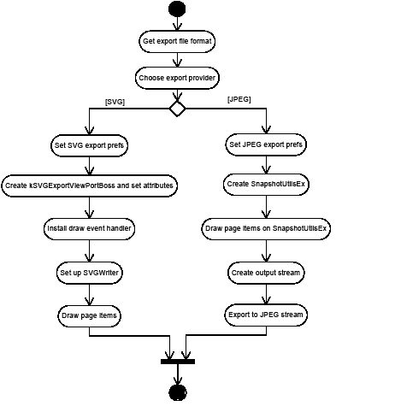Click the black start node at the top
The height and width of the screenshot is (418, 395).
point(177,9)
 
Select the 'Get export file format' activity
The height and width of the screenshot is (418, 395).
point(177,41)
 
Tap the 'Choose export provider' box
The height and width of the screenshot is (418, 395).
point(177,78)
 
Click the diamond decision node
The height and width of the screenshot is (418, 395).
point(177,109)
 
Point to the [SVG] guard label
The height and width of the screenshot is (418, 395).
point(115,101)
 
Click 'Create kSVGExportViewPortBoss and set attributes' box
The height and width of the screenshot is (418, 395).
point(90,185)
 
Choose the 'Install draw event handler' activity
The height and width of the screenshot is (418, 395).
point(90,229)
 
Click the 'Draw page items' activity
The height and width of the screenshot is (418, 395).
point(90,315)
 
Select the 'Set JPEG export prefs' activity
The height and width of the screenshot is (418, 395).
point(266,144)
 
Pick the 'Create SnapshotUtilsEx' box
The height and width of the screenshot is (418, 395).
point(266,184)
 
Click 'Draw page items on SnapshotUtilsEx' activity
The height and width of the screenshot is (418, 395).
point(266,229)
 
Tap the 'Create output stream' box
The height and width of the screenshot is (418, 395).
point(266,274)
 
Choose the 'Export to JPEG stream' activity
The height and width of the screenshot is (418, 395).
point(266,315)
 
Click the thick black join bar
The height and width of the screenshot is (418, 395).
point(177,361)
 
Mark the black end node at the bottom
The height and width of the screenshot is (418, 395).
point(177,392)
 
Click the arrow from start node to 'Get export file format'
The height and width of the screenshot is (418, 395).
point(177,25)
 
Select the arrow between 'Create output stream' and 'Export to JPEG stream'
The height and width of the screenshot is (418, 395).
point(266,294)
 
